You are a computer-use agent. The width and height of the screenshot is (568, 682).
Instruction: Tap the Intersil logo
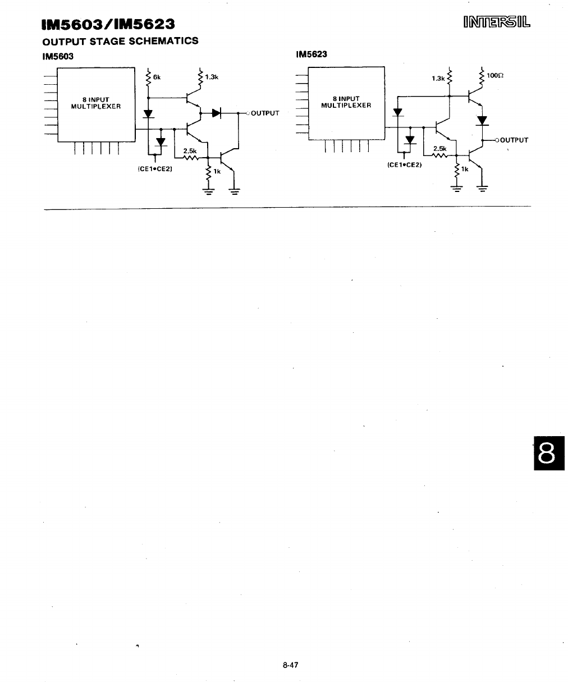[497, 23]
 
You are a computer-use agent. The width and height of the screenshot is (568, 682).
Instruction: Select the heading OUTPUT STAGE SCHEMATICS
[121, 41]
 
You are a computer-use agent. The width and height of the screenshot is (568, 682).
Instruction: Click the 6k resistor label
[157, 77]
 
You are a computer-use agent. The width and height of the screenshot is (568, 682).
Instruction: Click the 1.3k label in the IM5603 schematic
[211, 77]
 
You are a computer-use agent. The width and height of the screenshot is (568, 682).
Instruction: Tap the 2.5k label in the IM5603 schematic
[189, 150]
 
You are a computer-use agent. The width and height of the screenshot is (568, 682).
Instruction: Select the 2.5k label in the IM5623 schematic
[439, 149]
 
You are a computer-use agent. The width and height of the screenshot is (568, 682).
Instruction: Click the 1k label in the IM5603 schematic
[217, 172]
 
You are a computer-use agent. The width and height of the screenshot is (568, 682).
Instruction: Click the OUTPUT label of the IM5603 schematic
[265, 113]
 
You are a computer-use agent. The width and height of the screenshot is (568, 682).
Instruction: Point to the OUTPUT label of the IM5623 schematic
[514, 140]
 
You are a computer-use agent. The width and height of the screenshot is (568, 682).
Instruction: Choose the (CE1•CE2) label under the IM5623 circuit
[404, 165]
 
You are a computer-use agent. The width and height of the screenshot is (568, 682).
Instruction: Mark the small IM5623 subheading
[312, 54]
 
